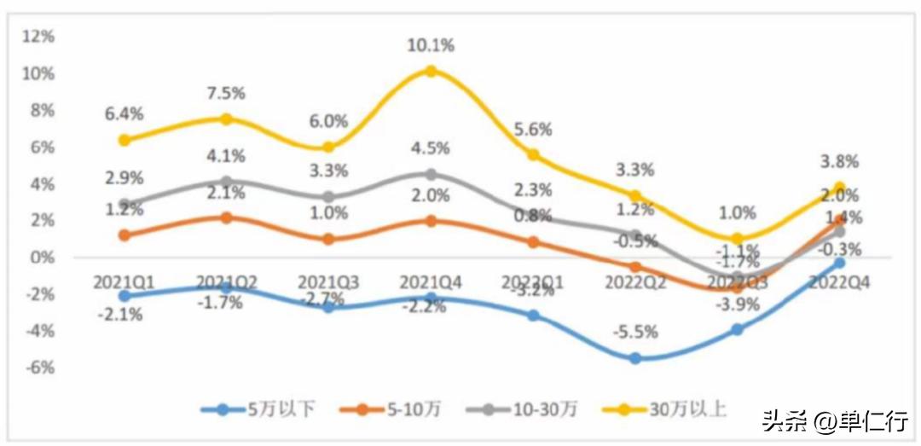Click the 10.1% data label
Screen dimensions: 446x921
(x=431, y=45)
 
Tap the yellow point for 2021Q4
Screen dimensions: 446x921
(x=431, y=72)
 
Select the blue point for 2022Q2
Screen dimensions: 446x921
(x=635, y=359)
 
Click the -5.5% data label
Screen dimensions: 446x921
(x=635, y=333)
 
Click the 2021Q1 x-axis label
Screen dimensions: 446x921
(x=125, y=281)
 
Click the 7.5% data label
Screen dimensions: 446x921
(x=226, y=92)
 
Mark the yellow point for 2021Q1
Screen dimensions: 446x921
(x=125, y=140)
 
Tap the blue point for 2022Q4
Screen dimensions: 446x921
(x=840, y=263)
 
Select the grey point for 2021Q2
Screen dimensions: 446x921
(x=226, y=182)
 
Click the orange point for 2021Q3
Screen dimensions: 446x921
(x=328, y=240)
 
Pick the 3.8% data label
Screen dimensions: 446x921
(x=840, y=162)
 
